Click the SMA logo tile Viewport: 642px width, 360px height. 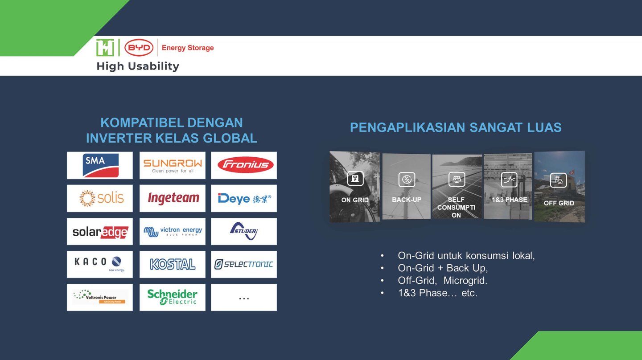100,165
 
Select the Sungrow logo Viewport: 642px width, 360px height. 173,165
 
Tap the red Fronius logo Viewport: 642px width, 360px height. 245,165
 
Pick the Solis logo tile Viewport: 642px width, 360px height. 100,198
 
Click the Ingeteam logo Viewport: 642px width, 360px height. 173,198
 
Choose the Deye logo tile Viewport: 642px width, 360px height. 244,198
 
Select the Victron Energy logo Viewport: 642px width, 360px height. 173,231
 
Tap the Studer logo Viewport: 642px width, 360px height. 244,231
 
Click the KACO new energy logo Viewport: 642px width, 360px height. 100,264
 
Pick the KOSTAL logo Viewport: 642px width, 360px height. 173,264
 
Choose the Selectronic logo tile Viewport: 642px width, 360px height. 244,264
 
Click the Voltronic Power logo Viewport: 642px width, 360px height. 99,297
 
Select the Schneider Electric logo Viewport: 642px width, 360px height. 172,297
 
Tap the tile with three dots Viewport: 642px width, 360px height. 244,297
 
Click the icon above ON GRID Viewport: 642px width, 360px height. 355,179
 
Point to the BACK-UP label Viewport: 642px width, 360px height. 407,200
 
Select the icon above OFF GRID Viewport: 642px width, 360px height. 558,180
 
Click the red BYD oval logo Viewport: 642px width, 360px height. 139,48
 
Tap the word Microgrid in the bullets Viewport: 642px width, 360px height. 465,280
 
